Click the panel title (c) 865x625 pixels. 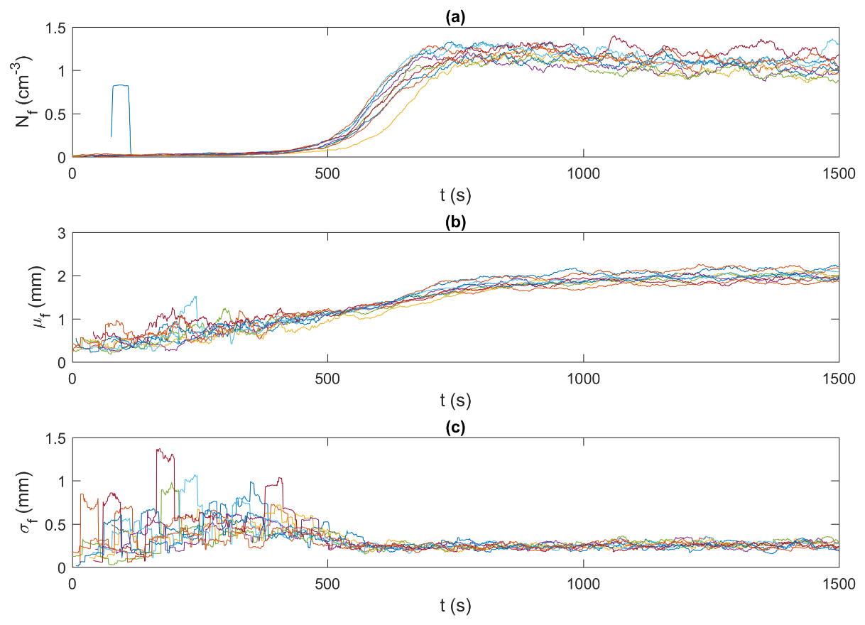click(455, 429)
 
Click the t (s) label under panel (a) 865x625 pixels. click(455, 194)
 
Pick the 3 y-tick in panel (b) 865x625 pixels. click(61, 233)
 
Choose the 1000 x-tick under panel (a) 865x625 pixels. click(582, 172)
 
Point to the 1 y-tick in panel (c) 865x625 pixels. click(61, 481)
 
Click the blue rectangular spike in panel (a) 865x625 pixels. click(121, 86)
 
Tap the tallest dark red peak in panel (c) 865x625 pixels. click(159, 450)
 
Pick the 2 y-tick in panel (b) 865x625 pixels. click(61, 276)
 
